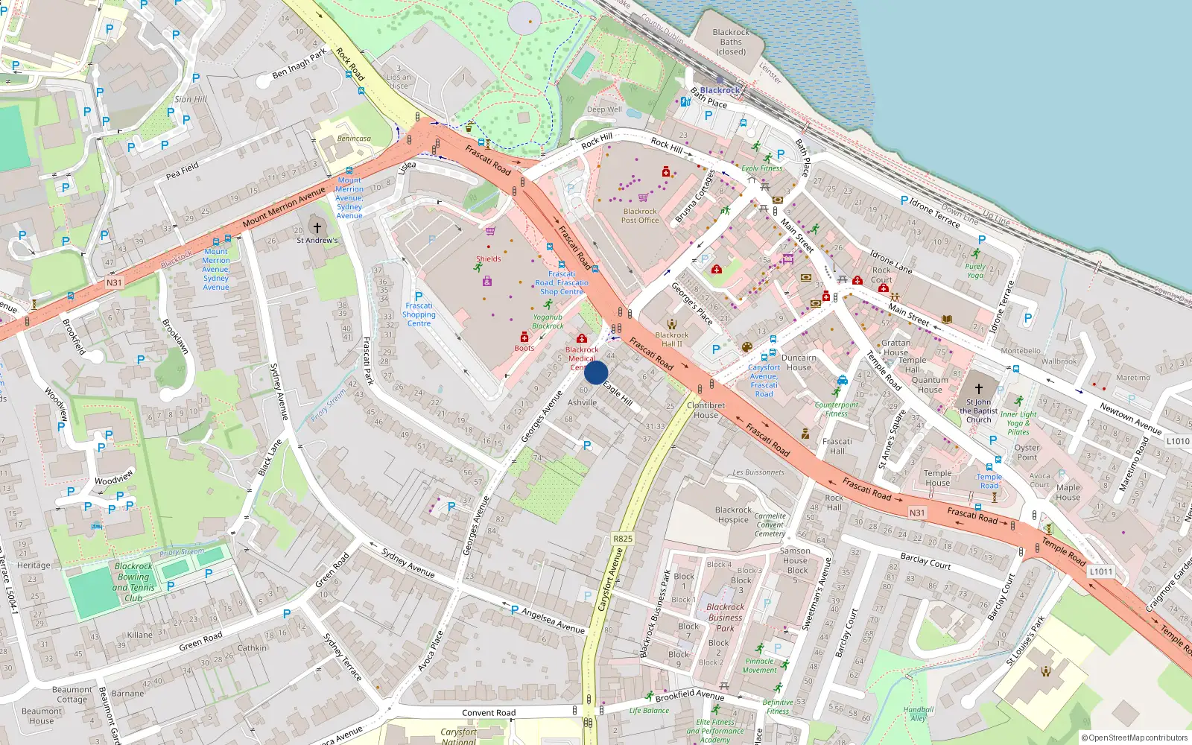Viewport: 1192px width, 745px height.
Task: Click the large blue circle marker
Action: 596,372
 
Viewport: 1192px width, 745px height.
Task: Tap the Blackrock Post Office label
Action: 640,216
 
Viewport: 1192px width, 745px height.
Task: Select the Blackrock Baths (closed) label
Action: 731,42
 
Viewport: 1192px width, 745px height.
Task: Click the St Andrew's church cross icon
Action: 317,228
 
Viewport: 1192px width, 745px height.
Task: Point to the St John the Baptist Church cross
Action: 979,388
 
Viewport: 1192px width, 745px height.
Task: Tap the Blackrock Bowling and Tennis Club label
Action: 133,582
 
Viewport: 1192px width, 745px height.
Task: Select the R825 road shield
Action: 623,539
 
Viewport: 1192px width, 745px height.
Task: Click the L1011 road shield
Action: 1100,571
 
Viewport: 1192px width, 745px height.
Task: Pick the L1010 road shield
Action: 1178,441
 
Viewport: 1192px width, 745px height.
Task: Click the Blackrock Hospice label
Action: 733,515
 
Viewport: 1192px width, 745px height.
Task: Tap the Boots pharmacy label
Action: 524,348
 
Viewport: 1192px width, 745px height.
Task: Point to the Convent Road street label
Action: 489,713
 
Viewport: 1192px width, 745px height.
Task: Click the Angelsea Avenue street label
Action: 553,620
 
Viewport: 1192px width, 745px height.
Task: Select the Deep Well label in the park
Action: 603,110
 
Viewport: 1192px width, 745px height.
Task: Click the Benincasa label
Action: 354,139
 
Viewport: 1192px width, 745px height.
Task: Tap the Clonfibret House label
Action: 706,410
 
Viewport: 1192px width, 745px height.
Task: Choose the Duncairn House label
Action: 799,362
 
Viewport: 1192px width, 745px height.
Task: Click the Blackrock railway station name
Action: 720,90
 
